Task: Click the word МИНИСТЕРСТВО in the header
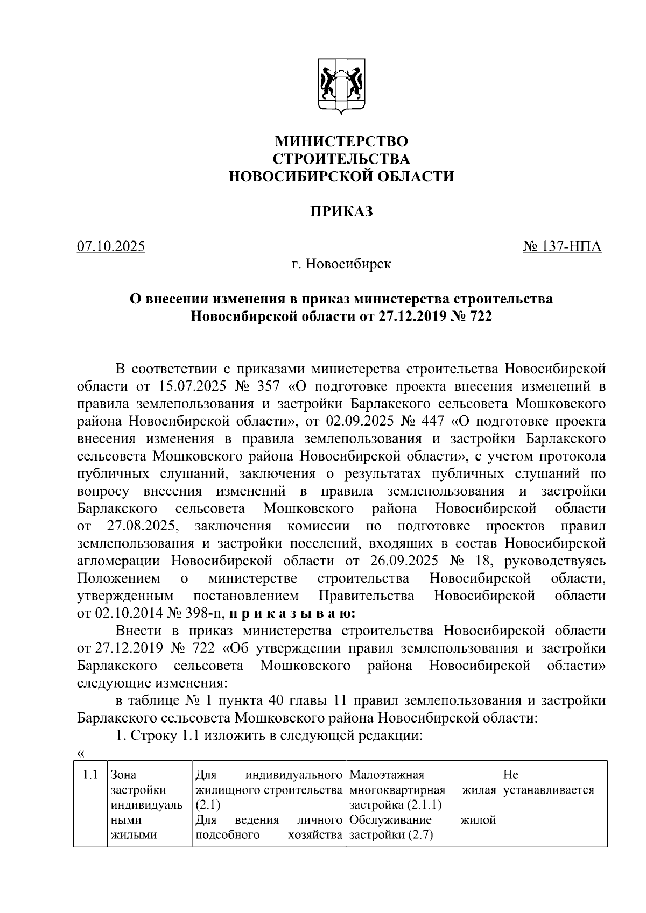(x=341, y=141)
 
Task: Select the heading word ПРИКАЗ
(x=341, y=211)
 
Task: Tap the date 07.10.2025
(x=111, y=247)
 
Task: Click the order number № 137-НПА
(x=562, y=247)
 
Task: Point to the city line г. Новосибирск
(x=341, y=265)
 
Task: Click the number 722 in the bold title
(x=481, y=316)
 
